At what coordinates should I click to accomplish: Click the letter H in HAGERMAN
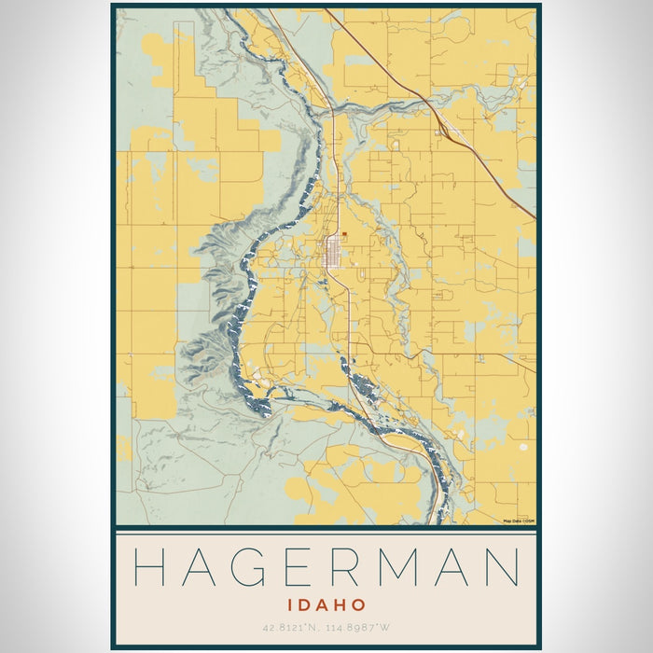pyautogui.click(x=152, y=566)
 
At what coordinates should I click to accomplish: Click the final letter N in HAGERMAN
pyautogui.click(x=501, y=566)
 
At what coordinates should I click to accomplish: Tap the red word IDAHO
pyautogui.click(x=326, y=605)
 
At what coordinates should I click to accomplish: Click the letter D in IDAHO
pyautogui.click(x=304, y=605)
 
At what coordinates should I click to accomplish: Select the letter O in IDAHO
pyautogui.click(x=358, y=605)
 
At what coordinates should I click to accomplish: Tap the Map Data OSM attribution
pyautogui.click(x=519, y=521)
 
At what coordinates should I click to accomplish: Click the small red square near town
pyautogui.click(x=344, y=235)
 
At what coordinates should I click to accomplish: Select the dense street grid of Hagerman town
pyautogui.click(x=331, y=251)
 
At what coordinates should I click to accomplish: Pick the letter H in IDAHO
pyautogui.click(x=340, y=605)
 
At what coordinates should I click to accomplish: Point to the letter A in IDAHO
pyautogui.click(x=322, y=605)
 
